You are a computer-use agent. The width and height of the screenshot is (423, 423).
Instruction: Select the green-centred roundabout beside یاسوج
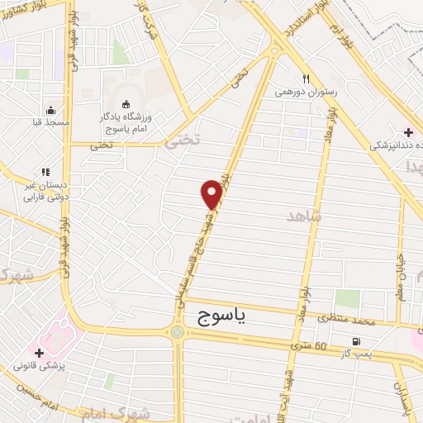point(177,333)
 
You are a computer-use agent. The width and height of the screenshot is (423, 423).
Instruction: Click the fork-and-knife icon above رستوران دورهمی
point(305,79)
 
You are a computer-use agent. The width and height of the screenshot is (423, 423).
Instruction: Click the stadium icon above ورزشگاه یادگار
point(126,103)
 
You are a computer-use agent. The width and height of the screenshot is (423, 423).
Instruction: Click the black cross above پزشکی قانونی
point(38,352)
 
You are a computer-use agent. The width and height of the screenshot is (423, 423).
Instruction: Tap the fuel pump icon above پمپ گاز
point(356,341)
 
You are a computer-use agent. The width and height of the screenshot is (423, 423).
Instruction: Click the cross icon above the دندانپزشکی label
point(407,132)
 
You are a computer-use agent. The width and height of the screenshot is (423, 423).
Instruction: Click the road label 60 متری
point(309,345)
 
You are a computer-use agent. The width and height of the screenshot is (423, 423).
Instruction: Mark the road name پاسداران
point(399,397)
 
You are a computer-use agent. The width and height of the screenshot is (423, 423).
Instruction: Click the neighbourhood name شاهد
point(302,216)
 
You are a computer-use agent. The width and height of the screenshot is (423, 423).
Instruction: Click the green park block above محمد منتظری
point(347,299)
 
